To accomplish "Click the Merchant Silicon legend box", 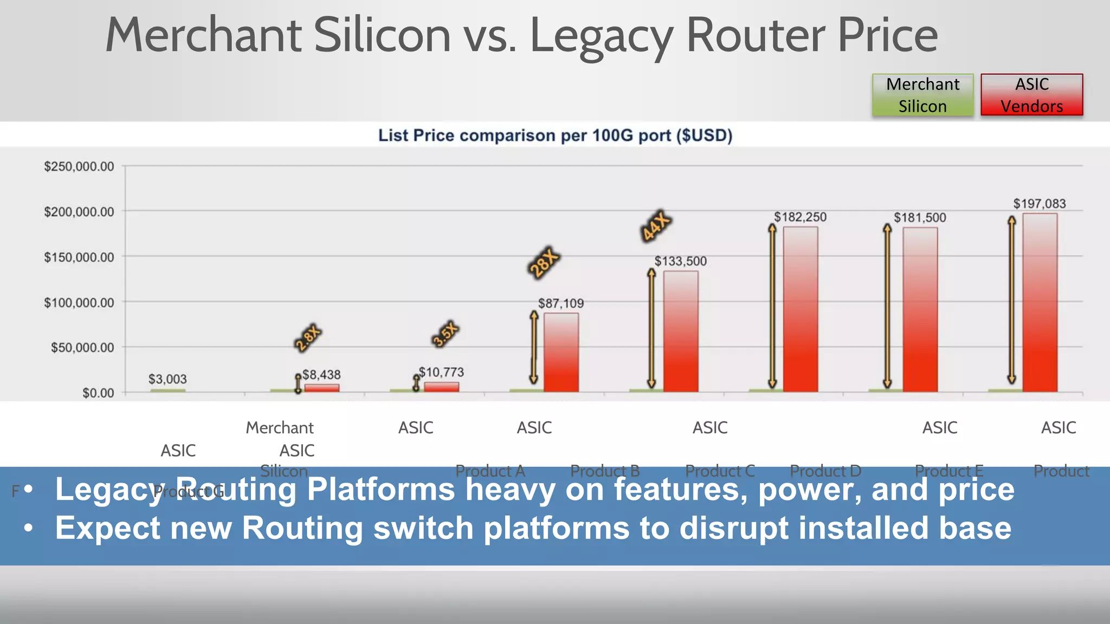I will click(922, 95).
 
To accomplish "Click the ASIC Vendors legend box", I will click(1031, 95).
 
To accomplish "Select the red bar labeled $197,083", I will click(1040, 303).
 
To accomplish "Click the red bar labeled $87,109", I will click(561, 352).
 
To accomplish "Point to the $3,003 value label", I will click(167, 379).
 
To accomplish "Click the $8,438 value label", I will click(321, 375).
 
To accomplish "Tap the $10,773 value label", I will click(442, 372).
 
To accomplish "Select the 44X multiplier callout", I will click(656, 225).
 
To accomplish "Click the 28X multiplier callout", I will click(543, 263).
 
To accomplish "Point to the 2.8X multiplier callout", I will click(308, 338).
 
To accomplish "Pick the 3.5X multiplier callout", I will click(446, 334).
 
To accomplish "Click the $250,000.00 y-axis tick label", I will click(79, 166).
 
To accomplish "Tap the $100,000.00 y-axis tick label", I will click(79, 302).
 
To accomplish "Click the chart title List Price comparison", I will click(555, 135).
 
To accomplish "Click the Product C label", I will click(720, 471).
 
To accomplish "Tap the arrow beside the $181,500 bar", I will click(887, 306).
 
